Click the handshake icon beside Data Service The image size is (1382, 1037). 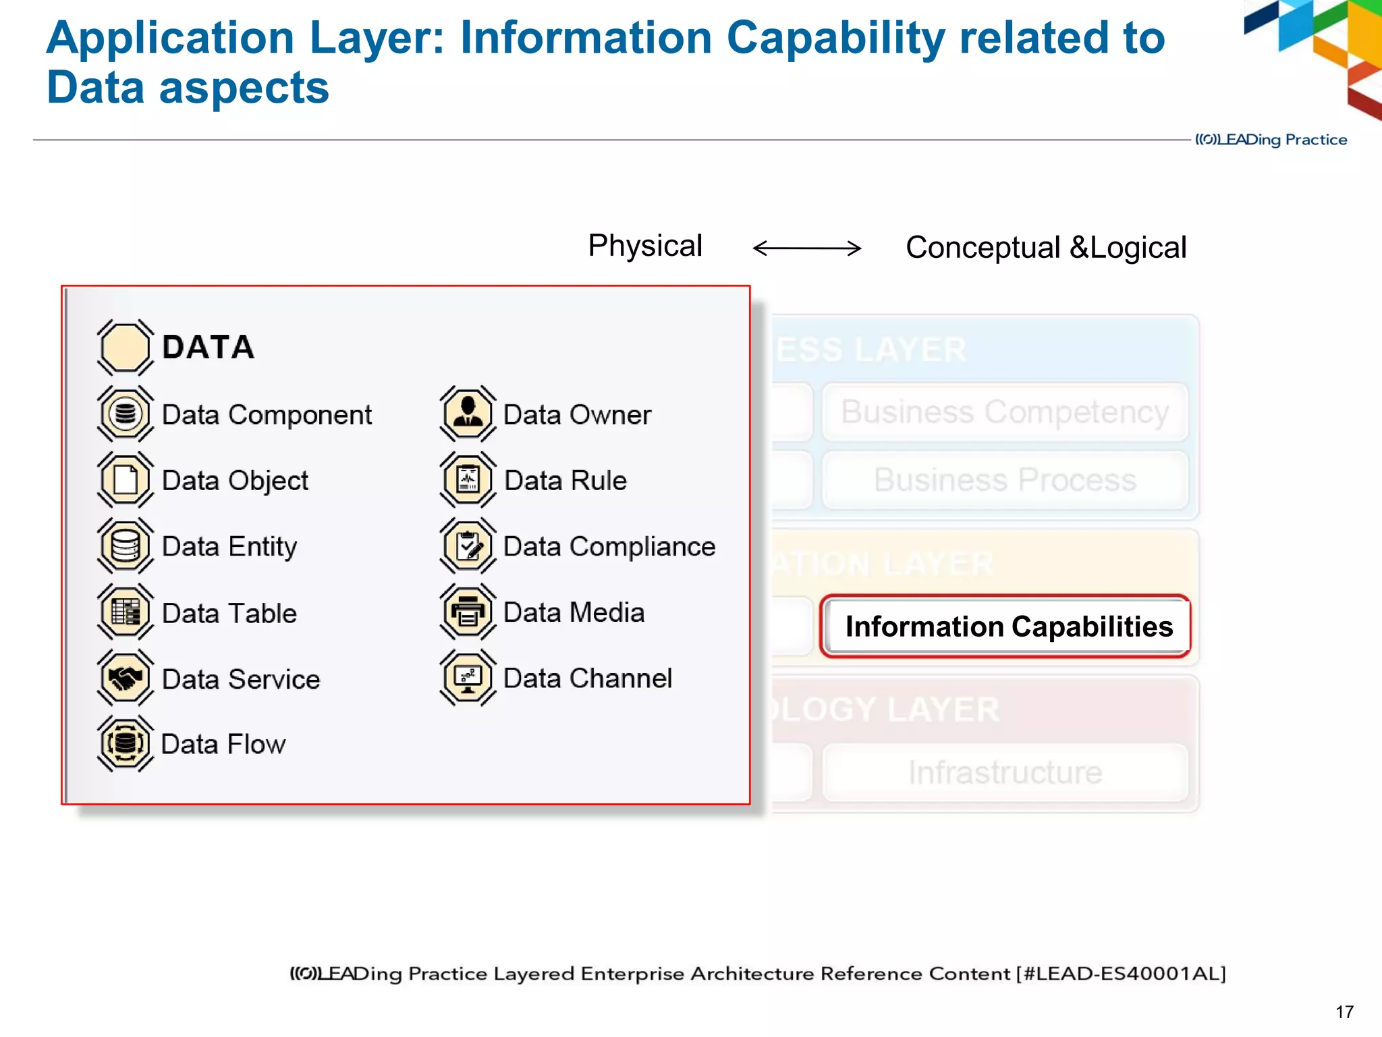pyautogui.click(x=126, y=678)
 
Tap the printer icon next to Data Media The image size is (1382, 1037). pyautogui.click(x=468, y=612)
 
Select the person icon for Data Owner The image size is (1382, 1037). pyautogui.click(x=468, y=413)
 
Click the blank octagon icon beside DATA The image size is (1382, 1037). pyautogui.click(x=126, y=347)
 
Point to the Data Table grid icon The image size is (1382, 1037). pyautogui.click(x=126, y=612)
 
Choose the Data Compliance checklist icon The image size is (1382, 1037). pyautogui.click(x=468, y=546)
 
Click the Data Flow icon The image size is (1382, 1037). pyautogui.click(x=126, y=743)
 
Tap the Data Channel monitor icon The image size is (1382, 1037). pyautogui.click(x=468, y=678)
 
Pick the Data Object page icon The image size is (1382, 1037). pyautogui.click(x=126, y=480)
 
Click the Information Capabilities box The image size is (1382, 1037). pyautogui.click(x=1005, y=627)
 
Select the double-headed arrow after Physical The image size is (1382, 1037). pyautogui.click(x=807, y=248)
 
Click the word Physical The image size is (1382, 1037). pyautogui.click(x=645, y=246)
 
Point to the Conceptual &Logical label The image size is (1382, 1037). pyautogui.click(x=1046, y=248)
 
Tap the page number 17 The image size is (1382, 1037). pyautogui.click(x=1344, y=1012)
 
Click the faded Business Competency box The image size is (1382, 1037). pyautogui.click(x=1005, y=412)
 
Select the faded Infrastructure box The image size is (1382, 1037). pyautogui.click(x=1005, y=772)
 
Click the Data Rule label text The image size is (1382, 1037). pyautogui.click(x=565, y=481)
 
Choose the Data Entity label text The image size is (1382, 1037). pyautogui.click(x=229, y=547)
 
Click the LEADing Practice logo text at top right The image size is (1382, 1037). pyautogui.click(x=1271, y=140)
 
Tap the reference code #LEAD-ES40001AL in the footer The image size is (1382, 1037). pyautogui.click(x=1121, y=974)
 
